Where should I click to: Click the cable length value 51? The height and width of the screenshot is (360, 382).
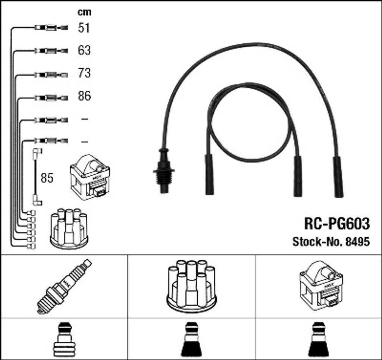tap(84, 28)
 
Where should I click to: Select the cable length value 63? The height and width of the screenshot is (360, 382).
tap(84, 50)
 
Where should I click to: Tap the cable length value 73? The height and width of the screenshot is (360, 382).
tap(84, 73)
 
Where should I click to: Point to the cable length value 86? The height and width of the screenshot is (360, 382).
tap(84, 96)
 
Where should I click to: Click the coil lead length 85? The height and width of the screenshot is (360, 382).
tap(47, 178)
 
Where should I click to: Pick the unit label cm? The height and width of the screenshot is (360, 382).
tap(84, 12)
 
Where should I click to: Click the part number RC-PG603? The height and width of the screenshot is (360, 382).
tap(337, 223)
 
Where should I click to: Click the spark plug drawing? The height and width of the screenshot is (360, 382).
tap(64, 287)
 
